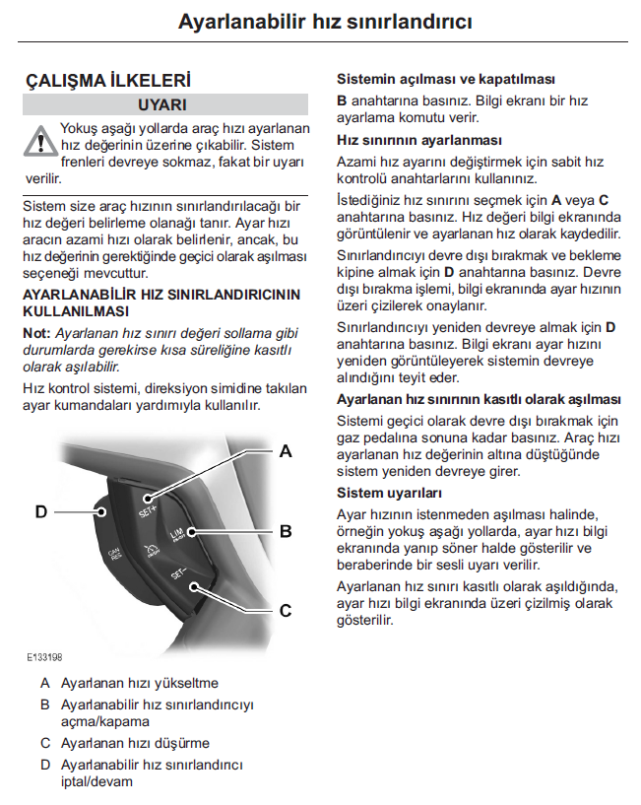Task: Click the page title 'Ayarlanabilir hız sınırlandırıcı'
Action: coord(325,22)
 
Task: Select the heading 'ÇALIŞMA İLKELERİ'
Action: coord(108,81)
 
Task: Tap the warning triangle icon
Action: coord(40,141)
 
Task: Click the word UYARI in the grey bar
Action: coord(162,104)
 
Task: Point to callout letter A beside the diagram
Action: coord(286,451)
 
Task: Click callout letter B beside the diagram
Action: coord(286,531)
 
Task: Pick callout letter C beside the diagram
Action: coord(286,611)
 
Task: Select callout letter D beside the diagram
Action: coord(41,511)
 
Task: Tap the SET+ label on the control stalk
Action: coord(148,510)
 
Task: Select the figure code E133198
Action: coord(44,657)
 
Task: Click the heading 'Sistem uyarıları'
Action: coord(389,493)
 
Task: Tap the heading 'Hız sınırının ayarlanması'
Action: coord(419,140)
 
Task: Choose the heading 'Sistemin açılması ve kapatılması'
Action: coord(446,79)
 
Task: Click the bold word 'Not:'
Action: coord(36,333)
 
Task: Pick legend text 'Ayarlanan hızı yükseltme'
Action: coord(140,683)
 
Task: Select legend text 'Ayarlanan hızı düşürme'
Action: coord(136,743)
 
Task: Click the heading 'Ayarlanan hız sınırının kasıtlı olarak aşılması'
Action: coord(479,399)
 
